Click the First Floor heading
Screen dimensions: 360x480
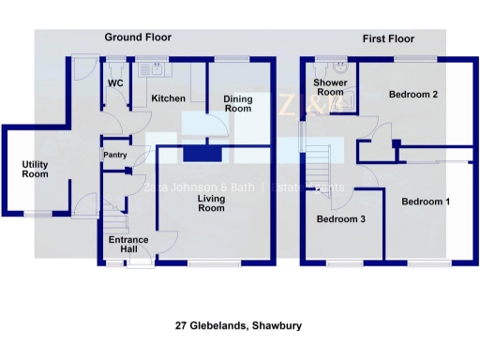(x=388, y=38)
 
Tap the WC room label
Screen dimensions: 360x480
(x=115, y=83)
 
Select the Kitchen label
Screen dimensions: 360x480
(x=168, y=98)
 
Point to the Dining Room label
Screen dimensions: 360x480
(x=238, y=103)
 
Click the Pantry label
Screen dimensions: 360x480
(x=115, y=155)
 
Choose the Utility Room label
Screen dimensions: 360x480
(x=36, y=169)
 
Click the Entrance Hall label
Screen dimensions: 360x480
(x=128, y=245)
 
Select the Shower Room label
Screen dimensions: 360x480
(x=329, y=86)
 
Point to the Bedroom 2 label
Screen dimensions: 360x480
(x=413, y=94)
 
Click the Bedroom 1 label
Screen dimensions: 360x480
(x=426, y=202)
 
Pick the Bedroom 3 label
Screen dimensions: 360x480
(x=339, y=219)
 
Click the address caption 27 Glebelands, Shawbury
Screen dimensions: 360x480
(x=238, y=326)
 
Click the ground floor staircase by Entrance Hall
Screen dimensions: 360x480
(x=113, y=222)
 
